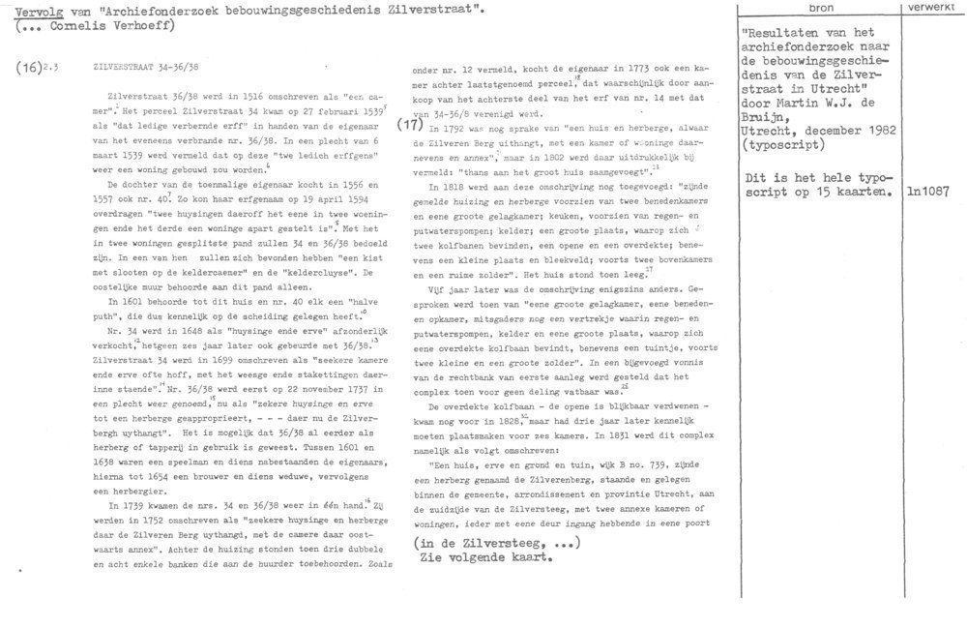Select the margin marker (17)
click(x=410, y=124)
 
